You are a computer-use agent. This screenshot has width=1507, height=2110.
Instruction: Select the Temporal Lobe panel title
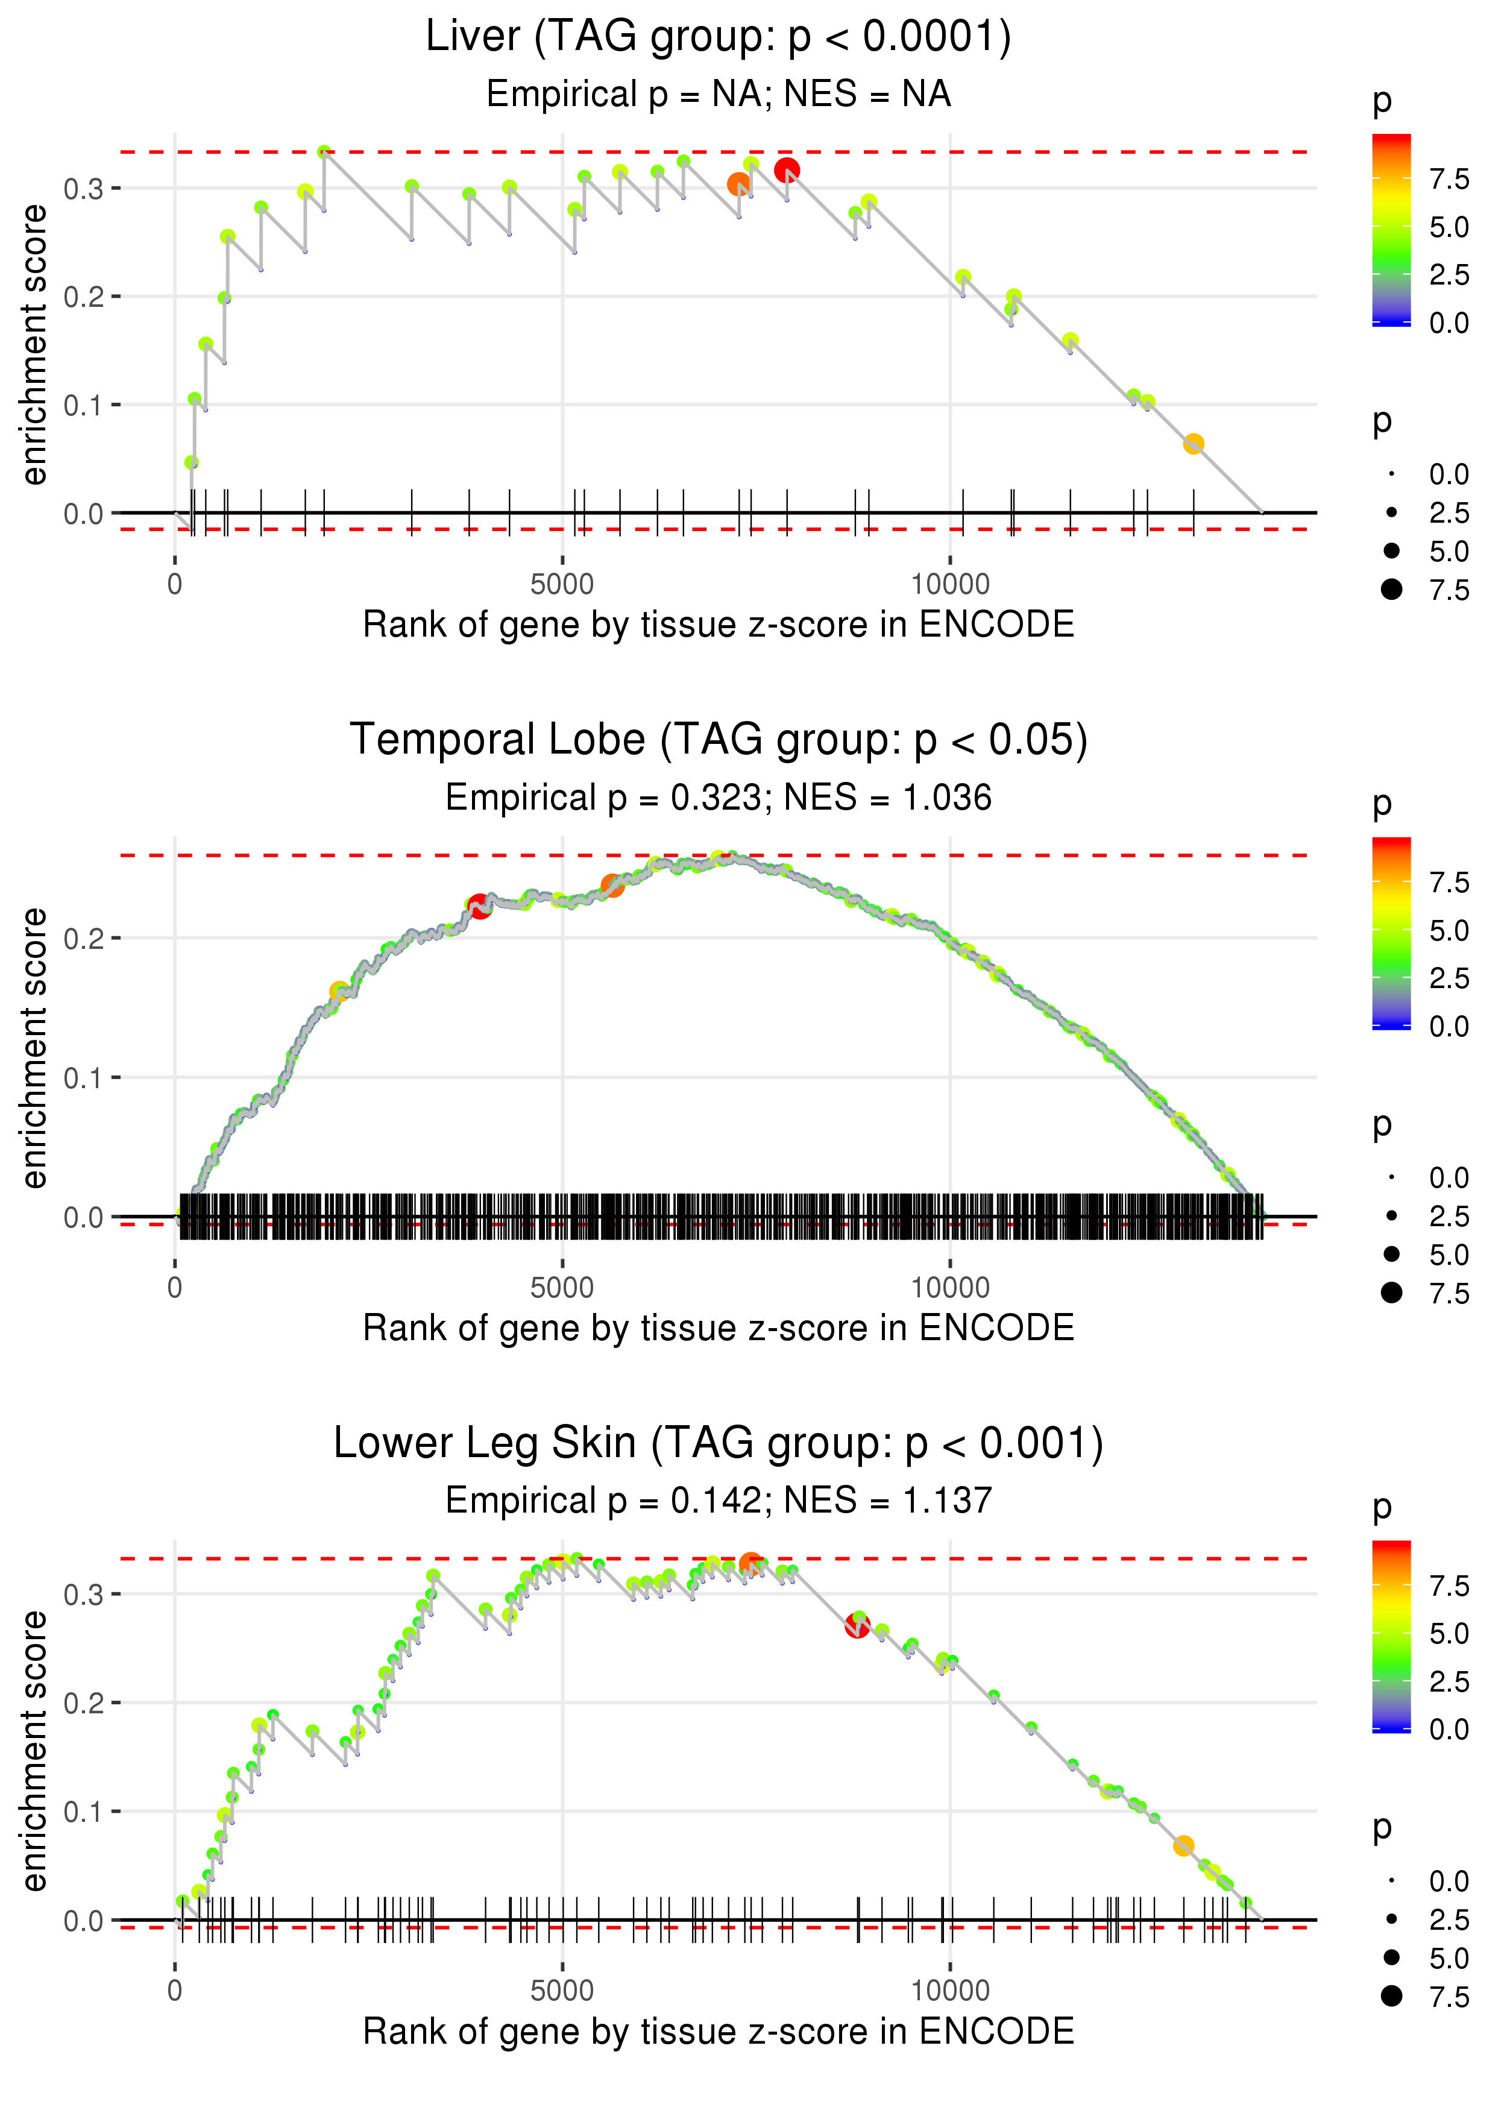point(717,740)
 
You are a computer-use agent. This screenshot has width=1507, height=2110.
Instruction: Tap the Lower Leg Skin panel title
point(717,1444)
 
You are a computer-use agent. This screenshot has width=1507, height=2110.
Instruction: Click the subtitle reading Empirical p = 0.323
point(717,798)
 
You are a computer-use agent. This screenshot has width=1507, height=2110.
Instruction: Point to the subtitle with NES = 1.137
point(717,1501)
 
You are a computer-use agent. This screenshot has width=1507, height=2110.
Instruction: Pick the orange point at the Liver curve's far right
point(1194,444)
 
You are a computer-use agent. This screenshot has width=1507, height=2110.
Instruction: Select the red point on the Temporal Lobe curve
point(479,907)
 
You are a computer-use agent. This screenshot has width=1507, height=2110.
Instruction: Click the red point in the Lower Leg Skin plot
point(857,1626)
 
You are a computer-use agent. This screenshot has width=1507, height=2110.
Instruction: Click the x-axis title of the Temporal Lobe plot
point(717,1329)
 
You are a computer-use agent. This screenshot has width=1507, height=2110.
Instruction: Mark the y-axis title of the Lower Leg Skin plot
point(34,1752)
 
